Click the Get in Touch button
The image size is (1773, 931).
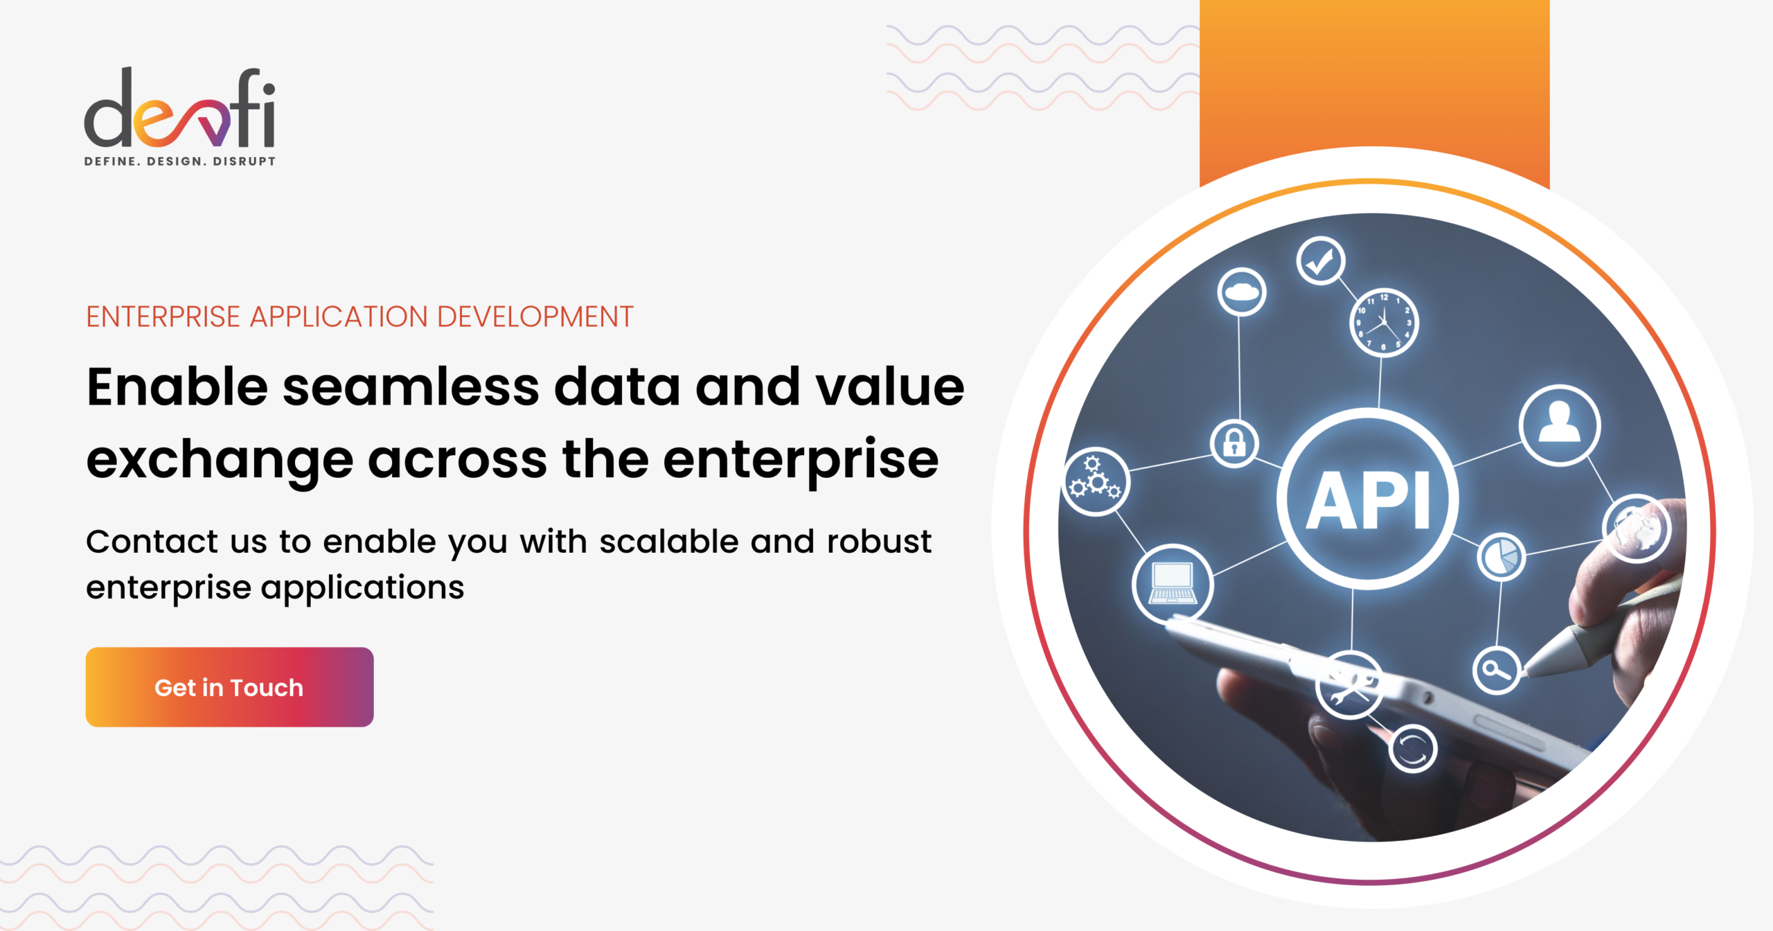pos(229,687)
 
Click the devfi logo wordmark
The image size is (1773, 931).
pos(179,109)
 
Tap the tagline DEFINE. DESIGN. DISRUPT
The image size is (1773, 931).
pos(179,161)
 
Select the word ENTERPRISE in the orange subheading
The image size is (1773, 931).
pos(163,317)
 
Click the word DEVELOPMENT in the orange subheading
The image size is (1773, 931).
pos(535,317)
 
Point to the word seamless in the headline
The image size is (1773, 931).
pos(410,388)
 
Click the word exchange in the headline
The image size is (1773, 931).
pos(220,461)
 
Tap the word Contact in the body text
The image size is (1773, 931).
pos(152,542)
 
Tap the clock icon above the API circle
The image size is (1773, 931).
pos(1384,323)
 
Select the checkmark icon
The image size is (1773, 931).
pos(1320,261)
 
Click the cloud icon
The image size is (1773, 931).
pos(1242,292)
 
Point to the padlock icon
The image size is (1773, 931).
pos(1234,443)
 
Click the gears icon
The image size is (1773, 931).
pos(1095,481)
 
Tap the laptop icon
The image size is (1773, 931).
pos(1172,584)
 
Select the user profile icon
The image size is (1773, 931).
pos(1559,425)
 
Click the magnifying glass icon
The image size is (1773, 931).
pos(1497,670)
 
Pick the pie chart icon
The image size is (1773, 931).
pos(1501,557)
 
